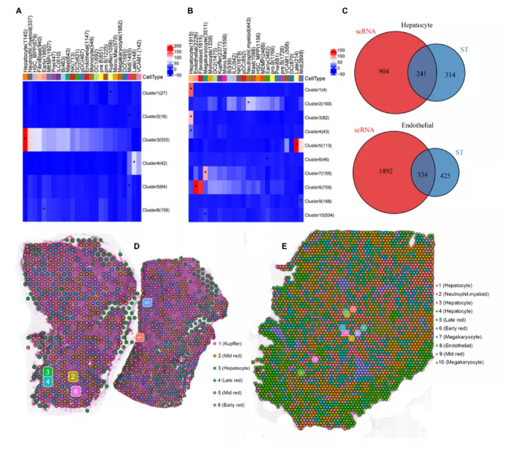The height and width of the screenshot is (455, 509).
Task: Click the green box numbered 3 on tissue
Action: [x=47, y=372]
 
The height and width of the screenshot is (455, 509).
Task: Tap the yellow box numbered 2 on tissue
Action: [x=73, y=376]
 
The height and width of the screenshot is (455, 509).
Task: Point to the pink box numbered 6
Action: [x=76, y=392]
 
